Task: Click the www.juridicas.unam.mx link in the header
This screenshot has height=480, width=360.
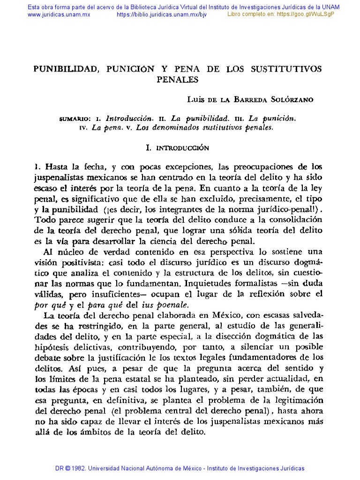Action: [x=59, y=15]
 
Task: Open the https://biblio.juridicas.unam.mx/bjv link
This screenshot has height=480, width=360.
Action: [x=161, y=15]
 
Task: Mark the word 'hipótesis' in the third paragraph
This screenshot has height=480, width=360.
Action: [x=53, y=346]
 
